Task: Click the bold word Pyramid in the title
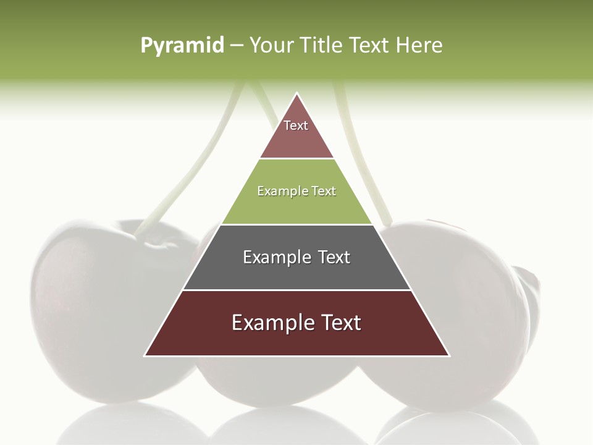point(182,45)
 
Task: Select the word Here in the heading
point(419,45)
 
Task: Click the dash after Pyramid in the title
point(236,46)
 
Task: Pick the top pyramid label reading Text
point(296,125)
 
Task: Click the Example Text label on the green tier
point(296,191)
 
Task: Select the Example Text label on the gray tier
point(296,257)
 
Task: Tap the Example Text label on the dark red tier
point(296,323)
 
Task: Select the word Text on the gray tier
point(334,257)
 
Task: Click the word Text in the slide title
point(369,45)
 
